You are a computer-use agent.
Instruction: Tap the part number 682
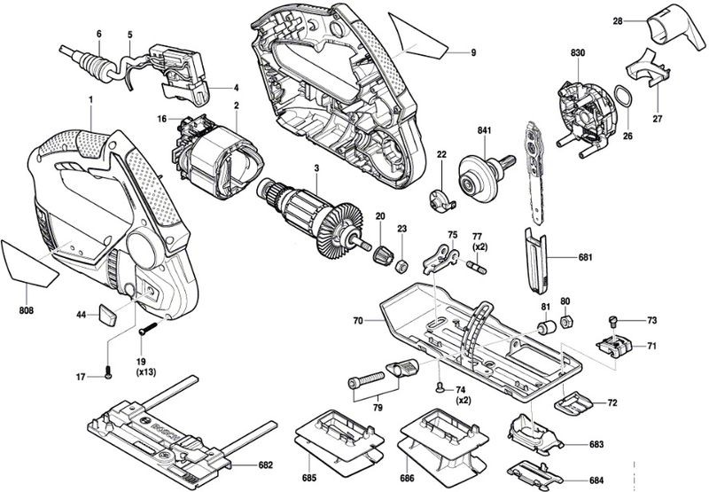click(265, 465)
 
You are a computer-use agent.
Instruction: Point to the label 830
click(578, 54)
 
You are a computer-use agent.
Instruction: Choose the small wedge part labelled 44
click(107, 314)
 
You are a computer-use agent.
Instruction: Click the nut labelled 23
click(401, 264)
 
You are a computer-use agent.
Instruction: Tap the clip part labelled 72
click(577, 402)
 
